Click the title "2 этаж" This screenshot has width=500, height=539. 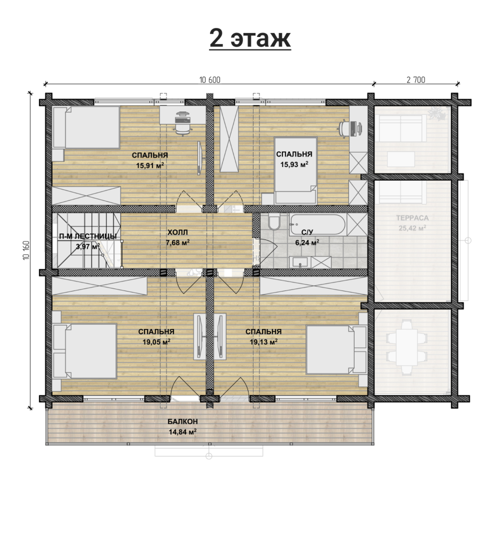tap(250, 39)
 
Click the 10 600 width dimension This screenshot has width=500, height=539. tap(210, 80)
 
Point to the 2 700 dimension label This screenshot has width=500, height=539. tap(415, 80)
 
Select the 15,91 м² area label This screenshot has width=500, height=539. tap(150, 165)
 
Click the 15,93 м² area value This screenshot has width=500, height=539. tap(294, 164)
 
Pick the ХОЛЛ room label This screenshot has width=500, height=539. tap(178, 233)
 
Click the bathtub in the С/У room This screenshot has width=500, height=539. tap(318, 224)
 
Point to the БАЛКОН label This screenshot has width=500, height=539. tap(183, 422)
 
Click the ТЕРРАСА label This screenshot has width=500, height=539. tap(412, 218)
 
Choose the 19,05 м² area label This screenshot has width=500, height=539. tap(156, 342)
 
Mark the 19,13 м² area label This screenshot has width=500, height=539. tap(263, 342)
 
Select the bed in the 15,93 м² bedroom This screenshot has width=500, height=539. tap(295, 170)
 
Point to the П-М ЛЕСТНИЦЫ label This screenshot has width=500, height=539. tap(88, 236)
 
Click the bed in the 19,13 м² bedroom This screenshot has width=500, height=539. tap(336, 349)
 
